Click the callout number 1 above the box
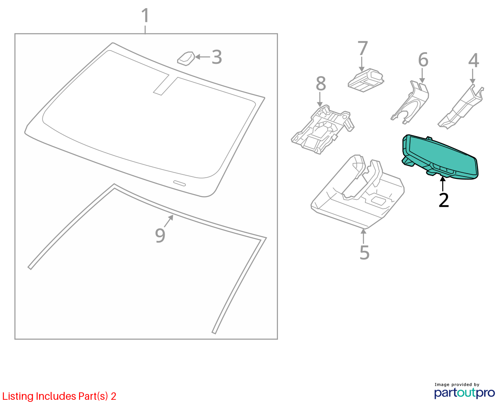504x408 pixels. (x=145, y=15)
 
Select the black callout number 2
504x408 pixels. (x=443, y=200)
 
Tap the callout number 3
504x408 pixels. (x=217, y=57)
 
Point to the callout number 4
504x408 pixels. (x=474, y=60)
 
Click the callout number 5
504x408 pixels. (x=364, y=253)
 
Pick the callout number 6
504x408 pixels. (x=423, y=60)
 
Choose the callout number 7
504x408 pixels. (x=362, y=48)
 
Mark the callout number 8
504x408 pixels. (x=321, y=83)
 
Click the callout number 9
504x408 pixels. (x=160, y=235)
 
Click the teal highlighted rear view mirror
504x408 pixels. (x=441, y=156)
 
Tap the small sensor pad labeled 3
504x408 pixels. (x=186, y=59)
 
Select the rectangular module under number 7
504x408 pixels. (x=366, y=80)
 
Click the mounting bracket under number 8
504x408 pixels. (x=322, y=130)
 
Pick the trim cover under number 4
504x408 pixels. (x=460, y=107)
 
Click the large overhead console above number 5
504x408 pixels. (x=357, y=192)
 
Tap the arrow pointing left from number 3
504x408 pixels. (x=203, y=57)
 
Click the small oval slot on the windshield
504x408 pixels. (x=180, y=183)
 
